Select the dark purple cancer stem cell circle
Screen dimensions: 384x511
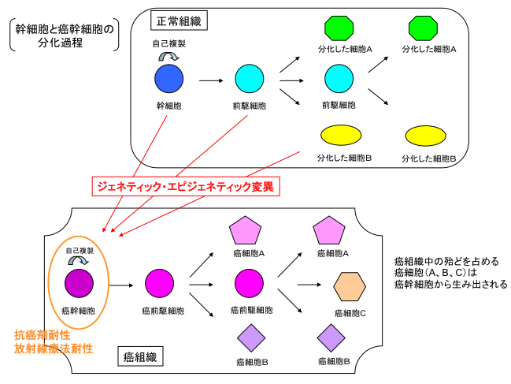(79, 281)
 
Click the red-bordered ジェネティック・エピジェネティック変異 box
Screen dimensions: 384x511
(186, 187)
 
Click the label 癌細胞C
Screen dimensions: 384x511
(352, 312)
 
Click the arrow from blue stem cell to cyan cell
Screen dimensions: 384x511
(211, 80)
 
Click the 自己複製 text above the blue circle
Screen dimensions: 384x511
(169, 44)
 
